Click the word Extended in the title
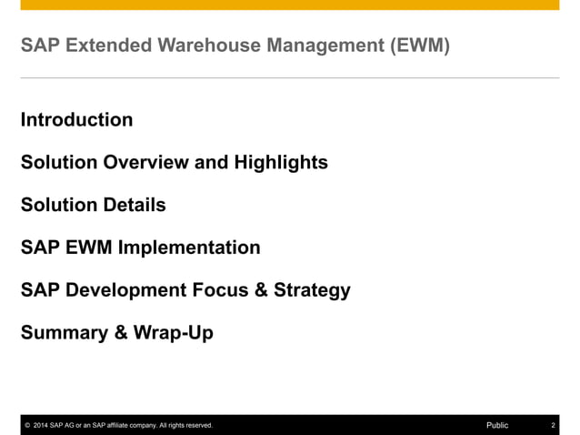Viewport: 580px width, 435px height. (101, 45)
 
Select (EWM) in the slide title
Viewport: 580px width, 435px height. (418, 45)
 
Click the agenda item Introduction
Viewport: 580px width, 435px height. (76, 120)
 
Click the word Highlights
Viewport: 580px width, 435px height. (281, 163)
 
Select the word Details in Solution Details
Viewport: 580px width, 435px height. (135, 206)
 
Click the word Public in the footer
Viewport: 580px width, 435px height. (497, 425)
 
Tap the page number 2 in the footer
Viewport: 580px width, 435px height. (553, 425)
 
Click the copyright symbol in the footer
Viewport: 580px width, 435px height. (27, 425)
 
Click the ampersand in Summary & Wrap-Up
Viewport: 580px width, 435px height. (121, 333)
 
